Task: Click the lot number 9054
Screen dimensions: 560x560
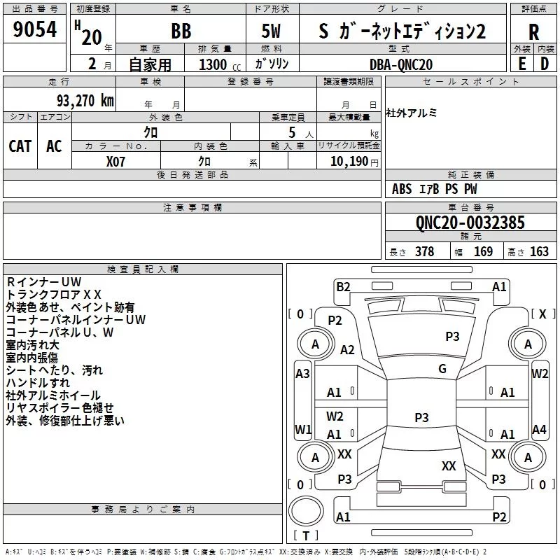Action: pyautogui.click(x=35, y=30)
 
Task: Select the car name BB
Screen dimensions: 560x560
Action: pyautogui.click(x=181, y=31)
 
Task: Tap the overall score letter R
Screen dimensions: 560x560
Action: pyautogui.click(x=534, y=31)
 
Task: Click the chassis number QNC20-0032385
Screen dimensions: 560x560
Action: pyautogui.click(x=470, y=223)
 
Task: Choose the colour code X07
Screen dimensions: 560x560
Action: pyautogui.click(x=116, y=160)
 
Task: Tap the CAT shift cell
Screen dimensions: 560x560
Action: pyautogui.click(x=20, y=146)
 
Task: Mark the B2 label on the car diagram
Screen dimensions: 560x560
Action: pyautogui.click(x=343, y=286)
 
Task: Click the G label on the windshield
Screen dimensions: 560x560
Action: pyautogui.click(x=442, y=368)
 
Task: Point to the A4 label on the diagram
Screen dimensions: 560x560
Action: pyautogui.click(x=539, y=429)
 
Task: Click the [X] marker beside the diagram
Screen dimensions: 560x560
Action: pyautogui.click(x=542, y=314)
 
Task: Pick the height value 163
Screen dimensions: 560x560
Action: pyautogui.click(x=539, y=252)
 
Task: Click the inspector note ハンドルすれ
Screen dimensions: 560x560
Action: pyautogui.click(x=38, y=383)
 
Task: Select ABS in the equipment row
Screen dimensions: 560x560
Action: pyautogui.click(x=402, y=189)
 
